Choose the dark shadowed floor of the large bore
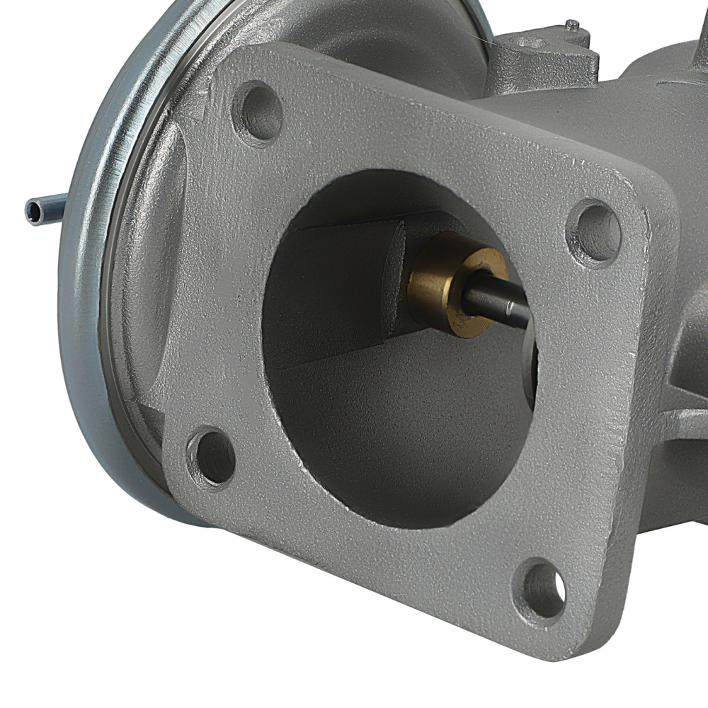[x=396, y=439]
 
